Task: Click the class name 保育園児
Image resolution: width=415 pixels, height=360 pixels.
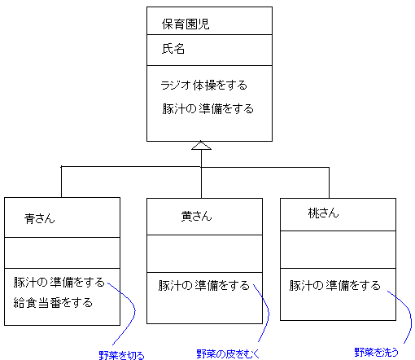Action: click(186, 24)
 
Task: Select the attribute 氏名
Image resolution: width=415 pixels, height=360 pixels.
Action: click(173, 49)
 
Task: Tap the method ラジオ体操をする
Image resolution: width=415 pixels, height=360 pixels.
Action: click(203, 86)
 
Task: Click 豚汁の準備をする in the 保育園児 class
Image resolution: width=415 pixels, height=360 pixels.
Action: click(207, 109)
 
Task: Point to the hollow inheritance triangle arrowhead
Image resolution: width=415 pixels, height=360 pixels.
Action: click(201, 145)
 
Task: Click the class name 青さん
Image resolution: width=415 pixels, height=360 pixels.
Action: click(40, 218)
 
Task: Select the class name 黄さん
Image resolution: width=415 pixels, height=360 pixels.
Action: click(196, 217)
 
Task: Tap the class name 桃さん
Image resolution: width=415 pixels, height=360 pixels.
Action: click(323, 213)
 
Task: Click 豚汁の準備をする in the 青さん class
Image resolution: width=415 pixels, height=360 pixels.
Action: click(59, 283)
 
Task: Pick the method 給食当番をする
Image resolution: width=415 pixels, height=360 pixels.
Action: click(53, 303)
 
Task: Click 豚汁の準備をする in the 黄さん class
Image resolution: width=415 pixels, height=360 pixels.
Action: click(204, 286)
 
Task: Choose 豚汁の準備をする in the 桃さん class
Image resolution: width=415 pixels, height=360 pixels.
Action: click(334, 286)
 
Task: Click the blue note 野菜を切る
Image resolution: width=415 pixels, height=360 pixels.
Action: click(121, 355)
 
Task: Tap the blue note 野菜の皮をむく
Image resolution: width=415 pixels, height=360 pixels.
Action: click(228, 353)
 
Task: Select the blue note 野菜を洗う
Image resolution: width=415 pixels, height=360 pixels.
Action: click(377, 352)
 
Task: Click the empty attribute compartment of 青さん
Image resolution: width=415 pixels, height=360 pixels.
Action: click(62, 253)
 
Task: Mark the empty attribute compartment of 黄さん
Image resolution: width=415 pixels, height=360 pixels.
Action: click(204, 253)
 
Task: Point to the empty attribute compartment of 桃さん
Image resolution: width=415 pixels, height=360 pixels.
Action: click(338, 250)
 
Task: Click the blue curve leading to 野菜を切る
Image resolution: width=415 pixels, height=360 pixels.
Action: click(134, 312)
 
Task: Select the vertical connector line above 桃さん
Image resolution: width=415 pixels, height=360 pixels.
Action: click(329, 182)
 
